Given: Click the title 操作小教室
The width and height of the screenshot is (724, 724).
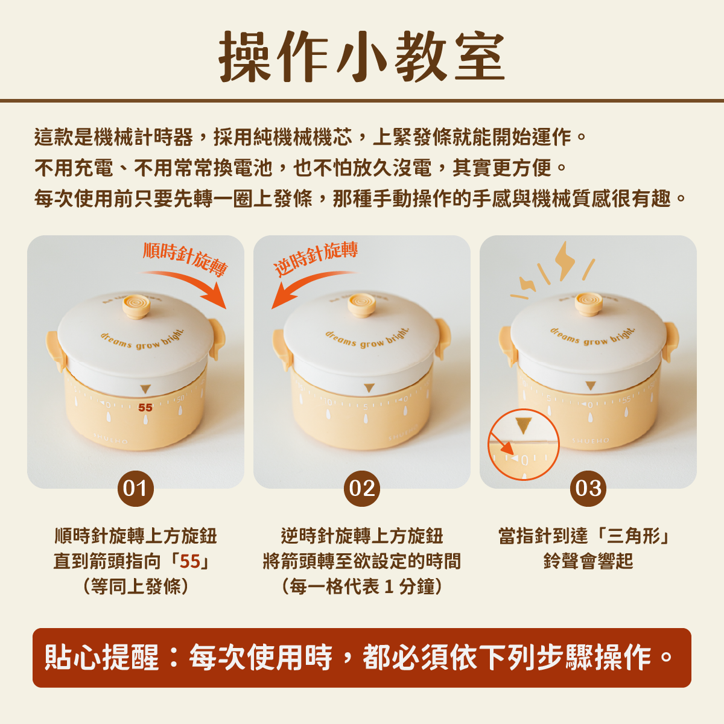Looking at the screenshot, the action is (362, 56).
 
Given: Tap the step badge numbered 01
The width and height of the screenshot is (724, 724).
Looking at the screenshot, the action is (136, 489).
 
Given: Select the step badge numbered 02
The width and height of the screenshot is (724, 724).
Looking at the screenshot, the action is (362, 489).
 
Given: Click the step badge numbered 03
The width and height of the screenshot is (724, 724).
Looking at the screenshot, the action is (588, 489).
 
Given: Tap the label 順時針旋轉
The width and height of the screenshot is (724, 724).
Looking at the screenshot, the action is (185, 259).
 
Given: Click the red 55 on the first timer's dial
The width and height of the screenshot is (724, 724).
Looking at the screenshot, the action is (145, 408).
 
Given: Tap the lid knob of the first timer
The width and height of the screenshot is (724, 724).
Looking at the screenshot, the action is (136, 306).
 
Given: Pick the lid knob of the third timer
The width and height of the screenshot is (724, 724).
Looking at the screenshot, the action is (588, 303).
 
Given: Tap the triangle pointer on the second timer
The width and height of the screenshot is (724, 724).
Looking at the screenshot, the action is (369, 388).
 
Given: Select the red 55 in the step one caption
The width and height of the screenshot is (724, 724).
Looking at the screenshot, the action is (190, 561).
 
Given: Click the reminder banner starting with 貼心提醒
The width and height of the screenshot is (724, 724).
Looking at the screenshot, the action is (362, 658).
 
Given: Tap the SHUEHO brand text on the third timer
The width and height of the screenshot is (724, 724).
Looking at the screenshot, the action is (591, 440).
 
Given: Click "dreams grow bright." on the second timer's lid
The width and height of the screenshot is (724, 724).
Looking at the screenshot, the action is (366, 338).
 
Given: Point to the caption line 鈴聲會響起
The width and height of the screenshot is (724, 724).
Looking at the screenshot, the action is (588, 561).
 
